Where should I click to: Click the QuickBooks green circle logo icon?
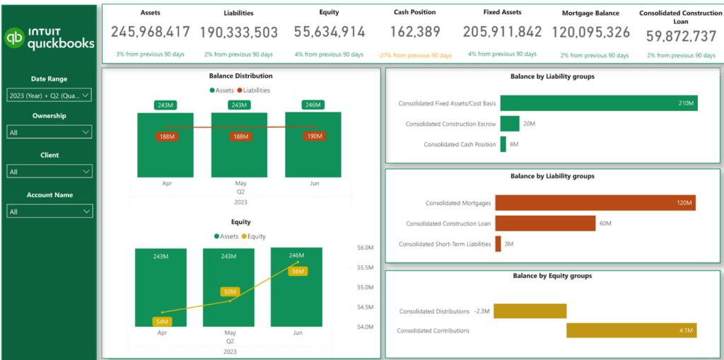14,38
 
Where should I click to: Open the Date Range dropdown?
49,95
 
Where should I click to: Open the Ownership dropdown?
49,132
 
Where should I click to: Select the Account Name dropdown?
49,211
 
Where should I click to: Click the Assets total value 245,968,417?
151,32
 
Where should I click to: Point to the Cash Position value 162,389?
414,32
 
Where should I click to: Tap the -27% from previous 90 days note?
414,55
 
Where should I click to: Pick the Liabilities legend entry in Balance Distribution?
254,90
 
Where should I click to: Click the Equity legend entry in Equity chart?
253,236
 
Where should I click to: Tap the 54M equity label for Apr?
163,322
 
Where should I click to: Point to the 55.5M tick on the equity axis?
366,267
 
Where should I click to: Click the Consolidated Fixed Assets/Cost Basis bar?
598,103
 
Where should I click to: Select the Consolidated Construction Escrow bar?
509,124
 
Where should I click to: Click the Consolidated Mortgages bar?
595,203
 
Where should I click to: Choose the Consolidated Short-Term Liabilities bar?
498,244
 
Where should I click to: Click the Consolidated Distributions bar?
530,311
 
